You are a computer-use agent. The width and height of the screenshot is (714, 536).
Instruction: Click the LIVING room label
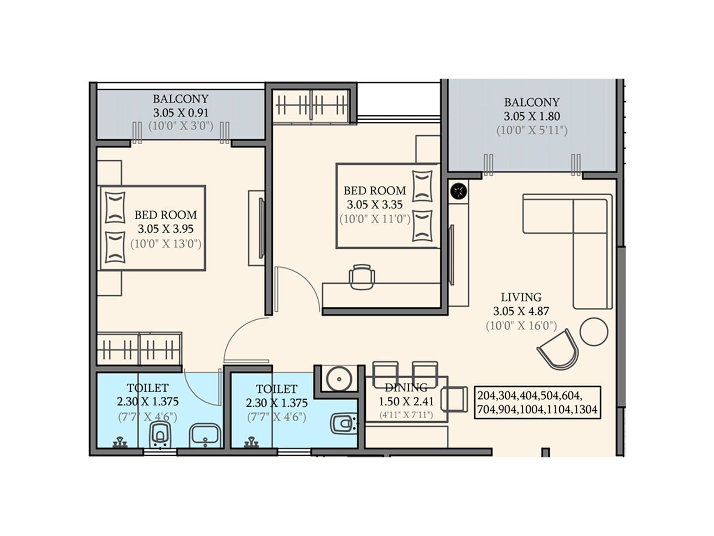(x=521, y=297)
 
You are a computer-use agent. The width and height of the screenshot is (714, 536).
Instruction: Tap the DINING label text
(x=406, y=387)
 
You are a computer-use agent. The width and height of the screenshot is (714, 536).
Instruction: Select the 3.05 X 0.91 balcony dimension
(x=181, y=113)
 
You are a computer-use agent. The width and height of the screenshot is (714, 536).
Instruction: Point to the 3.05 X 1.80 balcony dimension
(x=532, y=116)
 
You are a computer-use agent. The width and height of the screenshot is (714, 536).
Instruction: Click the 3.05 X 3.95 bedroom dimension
(x=166, y=229)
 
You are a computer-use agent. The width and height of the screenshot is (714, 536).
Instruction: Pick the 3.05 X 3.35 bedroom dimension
(x=375, y=205)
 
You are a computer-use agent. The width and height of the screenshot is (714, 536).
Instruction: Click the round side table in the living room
(x=594, y=331)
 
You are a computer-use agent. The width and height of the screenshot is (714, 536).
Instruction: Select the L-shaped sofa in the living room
(x=568, y=251)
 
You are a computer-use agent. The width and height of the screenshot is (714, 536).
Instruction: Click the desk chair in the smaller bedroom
(x=361, y=277)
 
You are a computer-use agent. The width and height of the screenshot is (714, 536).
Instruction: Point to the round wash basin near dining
(x=339, y=379)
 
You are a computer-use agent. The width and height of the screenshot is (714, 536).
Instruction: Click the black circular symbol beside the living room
(x=459, y=191)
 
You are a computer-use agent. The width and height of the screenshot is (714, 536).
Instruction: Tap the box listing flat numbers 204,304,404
(x=537, y=402)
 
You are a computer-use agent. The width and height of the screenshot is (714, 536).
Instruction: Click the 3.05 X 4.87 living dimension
(x=521, y=311)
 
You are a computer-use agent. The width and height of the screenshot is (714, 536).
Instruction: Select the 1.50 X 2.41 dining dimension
(x=406, y=402)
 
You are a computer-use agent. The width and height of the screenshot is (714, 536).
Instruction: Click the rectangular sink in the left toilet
(x=205, y=435)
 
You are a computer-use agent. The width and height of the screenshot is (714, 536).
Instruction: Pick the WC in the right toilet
(x=344, y=424)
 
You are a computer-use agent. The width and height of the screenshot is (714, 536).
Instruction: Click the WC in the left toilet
(x=160, y=435)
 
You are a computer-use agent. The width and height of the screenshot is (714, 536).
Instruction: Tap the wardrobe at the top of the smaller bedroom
(x=311, y=106)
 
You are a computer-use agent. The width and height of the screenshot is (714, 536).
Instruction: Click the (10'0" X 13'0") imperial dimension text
(x=166, y=243)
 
